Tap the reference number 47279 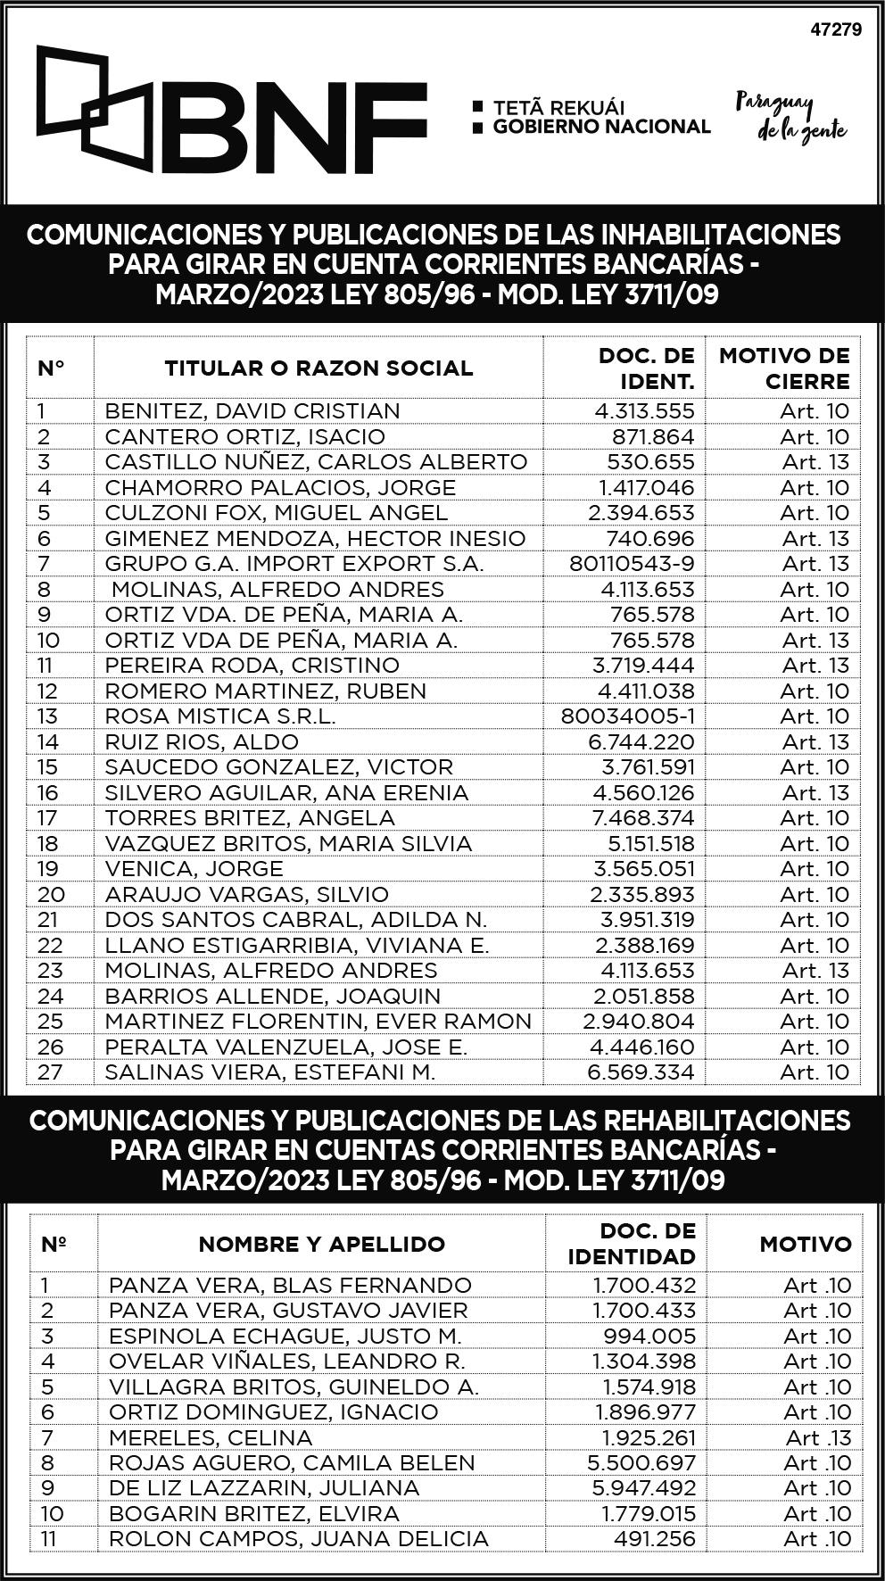point(835,29)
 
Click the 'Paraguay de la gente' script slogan point(790,117)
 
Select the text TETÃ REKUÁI point(558,107)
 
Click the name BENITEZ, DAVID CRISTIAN point(252,411)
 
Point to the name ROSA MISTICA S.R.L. point(220,716)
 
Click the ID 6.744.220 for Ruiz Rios point(644,741)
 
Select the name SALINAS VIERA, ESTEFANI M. point(269,1072)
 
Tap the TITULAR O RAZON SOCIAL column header point(318,368)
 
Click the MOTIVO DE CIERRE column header point(784,368)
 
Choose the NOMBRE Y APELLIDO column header point(321,1244)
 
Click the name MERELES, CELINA point(211,1438)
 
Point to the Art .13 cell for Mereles point(818,1438)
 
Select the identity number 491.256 point(655,1539)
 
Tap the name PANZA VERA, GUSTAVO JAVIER point(288,1311)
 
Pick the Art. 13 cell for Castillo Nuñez point(815,462)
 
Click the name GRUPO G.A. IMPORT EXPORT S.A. point(294,564)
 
